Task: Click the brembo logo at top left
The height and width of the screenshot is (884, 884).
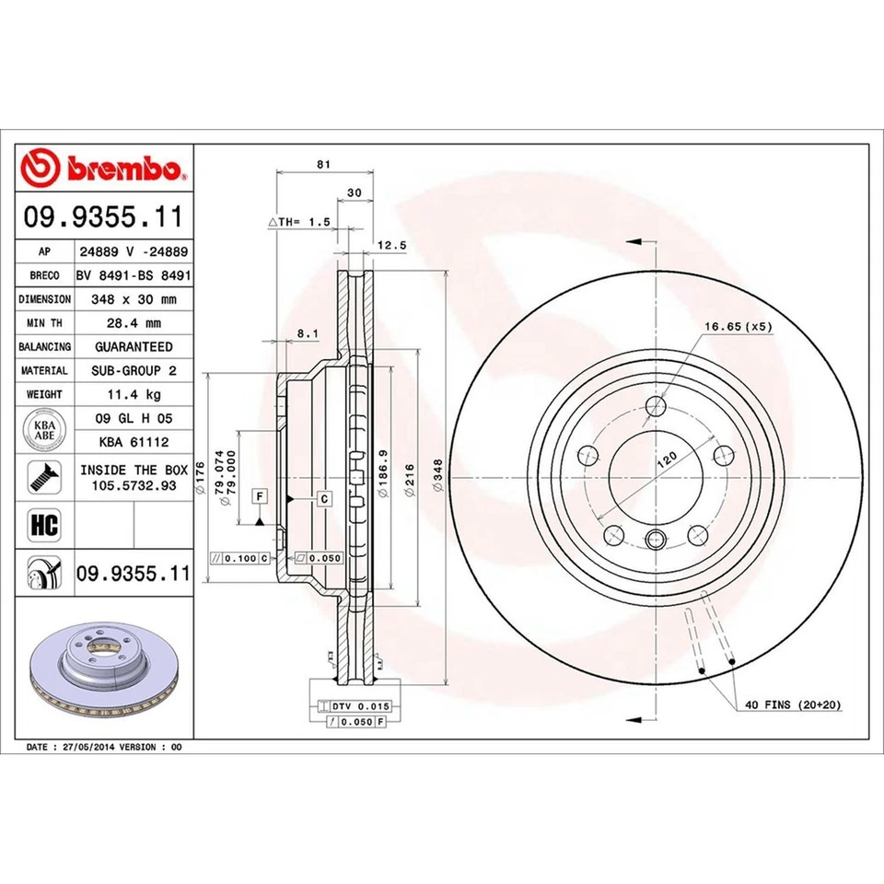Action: click(104, 169)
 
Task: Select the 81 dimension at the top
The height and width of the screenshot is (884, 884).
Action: click(322, 164)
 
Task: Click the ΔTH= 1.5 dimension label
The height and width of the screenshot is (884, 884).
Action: click(298, 223)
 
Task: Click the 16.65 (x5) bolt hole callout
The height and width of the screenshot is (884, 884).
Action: click(737, 327)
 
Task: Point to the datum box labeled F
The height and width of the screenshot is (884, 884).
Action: click(261, 496)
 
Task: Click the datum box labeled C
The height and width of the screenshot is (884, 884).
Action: click(324, 498)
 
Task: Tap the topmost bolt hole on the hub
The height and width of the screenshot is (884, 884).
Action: click(656, 407)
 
